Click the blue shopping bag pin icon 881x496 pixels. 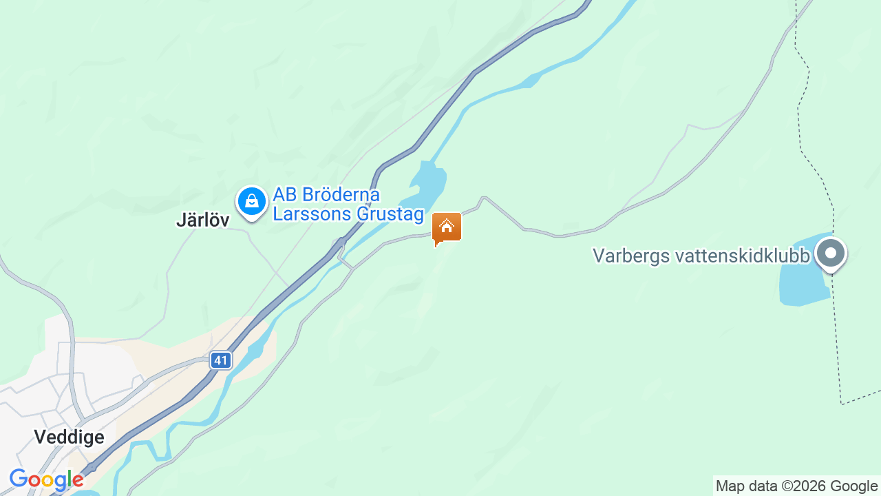[x=252, y=202]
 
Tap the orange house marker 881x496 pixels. [x=446, y=227]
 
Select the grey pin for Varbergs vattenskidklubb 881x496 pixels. [x=831, y=253]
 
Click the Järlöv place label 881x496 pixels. [x=202, y=220]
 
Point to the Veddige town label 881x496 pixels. [x=69, y=437]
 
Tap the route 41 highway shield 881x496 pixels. [x=220, y=360]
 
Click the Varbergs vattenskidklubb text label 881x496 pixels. [x=701, y=256]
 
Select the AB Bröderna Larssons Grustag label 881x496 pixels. [x=348, y=205]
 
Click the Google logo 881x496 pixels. [x=46, y=479]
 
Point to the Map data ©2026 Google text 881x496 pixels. [x=796, y=486]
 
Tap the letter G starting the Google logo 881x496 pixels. [x=19, y=479]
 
